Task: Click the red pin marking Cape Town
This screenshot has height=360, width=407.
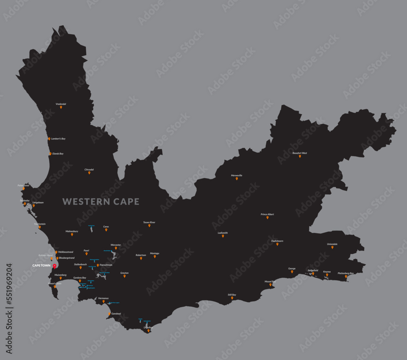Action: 55,266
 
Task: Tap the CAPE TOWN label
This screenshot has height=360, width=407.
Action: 42,266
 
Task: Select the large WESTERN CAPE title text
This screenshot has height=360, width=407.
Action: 101,201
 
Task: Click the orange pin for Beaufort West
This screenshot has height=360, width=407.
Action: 300,156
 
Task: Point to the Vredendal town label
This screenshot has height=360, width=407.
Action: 61,104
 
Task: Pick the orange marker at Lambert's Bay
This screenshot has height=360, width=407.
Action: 49,139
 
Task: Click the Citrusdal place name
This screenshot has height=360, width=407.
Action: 89,169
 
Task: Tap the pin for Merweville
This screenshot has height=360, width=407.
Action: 236,179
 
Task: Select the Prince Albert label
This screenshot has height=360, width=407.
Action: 267,214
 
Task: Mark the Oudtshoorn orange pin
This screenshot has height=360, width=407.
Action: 277,244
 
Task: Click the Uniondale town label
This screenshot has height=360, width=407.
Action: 332,244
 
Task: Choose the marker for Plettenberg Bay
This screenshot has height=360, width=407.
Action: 346,277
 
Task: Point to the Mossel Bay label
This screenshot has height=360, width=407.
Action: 270,281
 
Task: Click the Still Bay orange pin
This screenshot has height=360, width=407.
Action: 232,298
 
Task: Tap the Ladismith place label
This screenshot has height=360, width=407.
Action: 223,233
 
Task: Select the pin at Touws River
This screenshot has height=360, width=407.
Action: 149,225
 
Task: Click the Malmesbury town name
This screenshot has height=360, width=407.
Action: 72,231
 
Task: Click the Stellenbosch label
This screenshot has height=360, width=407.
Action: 80,264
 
